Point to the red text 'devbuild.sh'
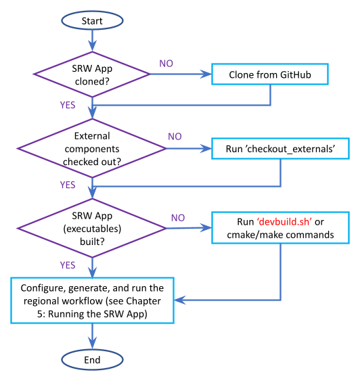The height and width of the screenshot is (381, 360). pyautogui.click(x=284, y=221)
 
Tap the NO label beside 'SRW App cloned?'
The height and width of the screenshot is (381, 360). pyautogui.click(x=166, y=64)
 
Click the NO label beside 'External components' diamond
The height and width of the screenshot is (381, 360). pyautogui.click(x=175, y=137)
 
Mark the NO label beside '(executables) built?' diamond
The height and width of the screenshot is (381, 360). pyautogui.click(x=178, y=218)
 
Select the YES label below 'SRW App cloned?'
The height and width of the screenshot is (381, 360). pyautogui.click(x=68, y=105)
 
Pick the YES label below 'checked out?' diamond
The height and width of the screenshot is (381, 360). pyautogui.click(x=68, y=185)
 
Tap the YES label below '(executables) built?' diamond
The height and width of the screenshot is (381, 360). pyautogui.click(x=68, y=265)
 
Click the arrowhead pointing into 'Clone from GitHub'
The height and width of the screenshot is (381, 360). pyautogui.click(x=206, y=74)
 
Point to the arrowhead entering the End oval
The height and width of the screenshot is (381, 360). pyautogui.click(x=92, y=344)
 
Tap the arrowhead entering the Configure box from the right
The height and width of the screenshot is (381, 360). pyautogui.click(x=180, y=300)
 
